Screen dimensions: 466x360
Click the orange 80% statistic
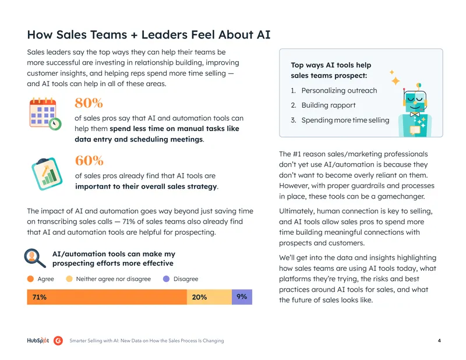coord(89,103)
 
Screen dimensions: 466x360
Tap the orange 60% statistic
coord(89,161)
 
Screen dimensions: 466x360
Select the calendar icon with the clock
coord(45,114)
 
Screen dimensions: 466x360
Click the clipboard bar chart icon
coord(47,174)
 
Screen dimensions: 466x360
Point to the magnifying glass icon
coord(35,258)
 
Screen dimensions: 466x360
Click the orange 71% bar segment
coord(107,297)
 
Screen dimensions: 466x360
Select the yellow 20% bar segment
coord(209,297)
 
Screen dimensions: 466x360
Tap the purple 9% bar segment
coord(242,297)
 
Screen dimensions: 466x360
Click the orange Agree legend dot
coord(30,279)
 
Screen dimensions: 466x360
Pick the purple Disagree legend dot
coord(167,279)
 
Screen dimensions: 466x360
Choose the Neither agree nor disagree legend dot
coord(69,279)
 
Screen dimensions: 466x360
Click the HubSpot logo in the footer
coord(38,341)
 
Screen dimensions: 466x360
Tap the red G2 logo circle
coord(58,341)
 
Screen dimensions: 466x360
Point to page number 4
coord(439,341)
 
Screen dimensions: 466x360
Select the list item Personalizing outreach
coord(339,91)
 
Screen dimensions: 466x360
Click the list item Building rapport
coord(329,105)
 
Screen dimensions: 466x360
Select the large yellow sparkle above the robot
coord(396,81)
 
